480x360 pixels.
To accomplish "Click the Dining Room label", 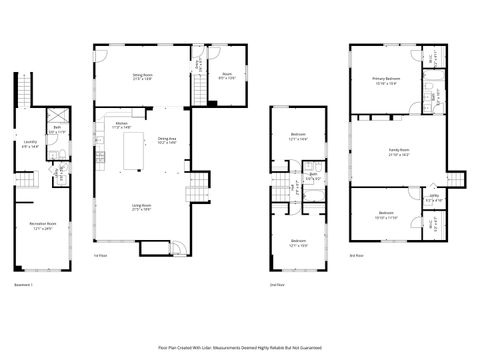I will click(x=143, y=75).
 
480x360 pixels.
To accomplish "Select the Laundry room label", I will click(x=30, y=145).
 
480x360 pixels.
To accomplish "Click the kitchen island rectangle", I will click(x=134, y=156).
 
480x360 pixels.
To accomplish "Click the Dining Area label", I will click(x=167, y=141).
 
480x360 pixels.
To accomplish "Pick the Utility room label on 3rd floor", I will click(x=432, y=199).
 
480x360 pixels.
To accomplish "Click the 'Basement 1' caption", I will click(x=24, y=286).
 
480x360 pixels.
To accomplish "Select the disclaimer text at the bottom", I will click(x=240, y=348).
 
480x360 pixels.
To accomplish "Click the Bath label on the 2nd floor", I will click(x=312, y=175).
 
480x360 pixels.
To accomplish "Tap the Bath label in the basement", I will click(x=57, y=129).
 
